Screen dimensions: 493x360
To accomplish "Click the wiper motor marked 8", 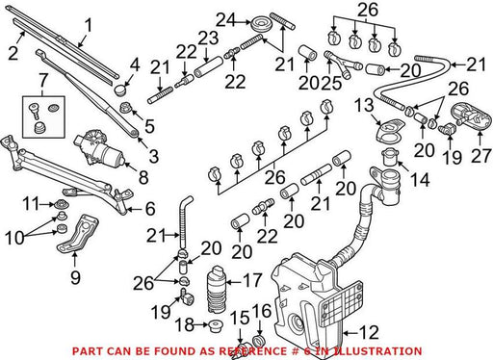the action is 99,148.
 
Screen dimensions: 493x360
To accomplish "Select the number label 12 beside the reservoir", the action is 369,332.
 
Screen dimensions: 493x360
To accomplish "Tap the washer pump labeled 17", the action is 216,289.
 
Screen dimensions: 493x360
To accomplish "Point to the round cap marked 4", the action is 119,89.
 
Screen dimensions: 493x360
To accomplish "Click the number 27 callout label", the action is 481,156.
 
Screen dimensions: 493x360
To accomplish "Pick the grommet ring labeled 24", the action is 261,25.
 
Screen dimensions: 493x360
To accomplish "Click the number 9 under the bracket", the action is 75,277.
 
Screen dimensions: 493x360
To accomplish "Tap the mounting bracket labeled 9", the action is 77,234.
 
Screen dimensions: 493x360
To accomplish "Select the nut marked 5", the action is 125,108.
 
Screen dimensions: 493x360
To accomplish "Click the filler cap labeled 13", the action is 390,129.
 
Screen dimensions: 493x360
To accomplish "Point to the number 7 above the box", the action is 43,81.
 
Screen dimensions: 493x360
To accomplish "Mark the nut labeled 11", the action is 61,204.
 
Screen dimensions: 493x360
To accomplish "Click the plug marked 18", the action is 216,325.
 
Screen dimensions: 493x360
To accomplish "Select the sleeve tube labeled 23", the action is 208,67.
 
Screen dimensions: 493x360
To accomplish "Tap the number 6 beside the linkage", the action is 150,209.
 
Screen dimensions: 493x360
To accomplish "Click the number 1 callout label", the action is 88,25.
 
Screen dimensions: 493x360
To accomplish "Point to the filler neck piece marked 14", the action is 390,157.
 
